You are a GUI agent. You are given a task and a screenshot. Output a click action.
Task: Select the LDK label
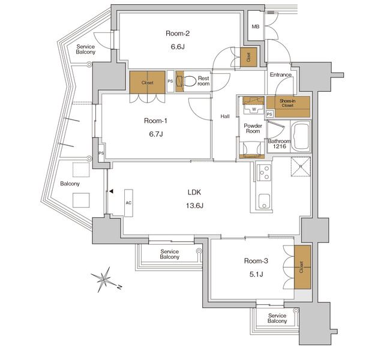194,192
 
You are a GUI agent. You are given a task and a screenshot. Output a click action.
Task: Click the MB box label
256,27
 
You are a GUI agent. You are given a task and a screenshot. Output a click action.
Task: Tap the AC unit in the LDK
129,203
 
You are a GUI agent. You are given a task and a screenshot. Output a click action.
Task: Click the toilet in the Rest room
191,81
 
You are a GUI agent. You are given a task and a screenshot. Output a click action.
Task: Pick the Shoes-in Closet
293,106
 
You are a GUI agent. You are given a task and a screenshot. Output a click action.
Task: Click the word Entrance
280,75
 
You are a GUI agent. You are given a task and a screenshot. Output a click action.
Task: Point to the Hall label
225,116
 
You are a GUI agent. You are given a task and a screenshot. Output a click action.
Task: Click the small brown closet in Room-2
248,57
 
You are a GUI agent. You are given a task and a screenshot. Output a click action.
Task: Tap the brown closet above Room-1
147,83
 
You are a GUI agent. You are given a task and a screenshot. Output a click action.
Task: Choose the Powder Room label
253,128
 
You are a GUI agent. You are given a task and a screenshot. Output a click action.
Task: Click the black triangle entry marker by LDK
111,192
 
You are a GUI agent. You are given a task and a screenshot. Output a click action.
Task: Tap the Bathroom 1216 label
280,144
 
